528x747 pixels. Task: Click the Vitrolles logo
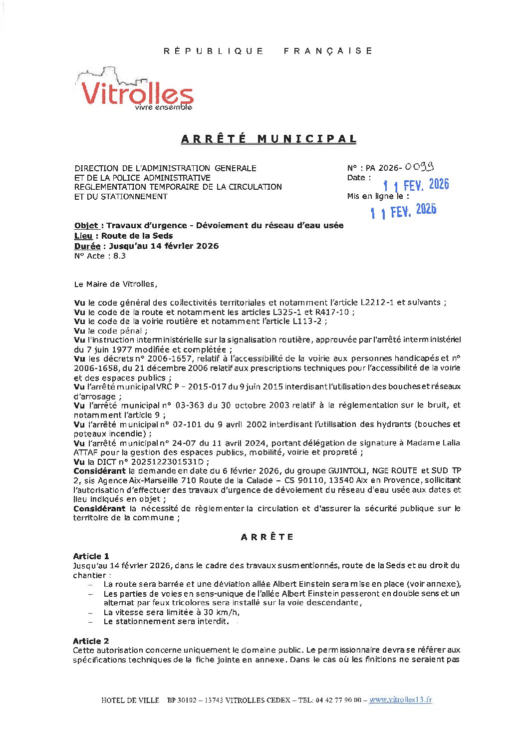135,90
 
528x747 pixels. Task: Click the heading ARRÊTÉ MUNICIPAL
268,139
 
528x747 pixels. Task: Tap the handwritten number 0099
419,166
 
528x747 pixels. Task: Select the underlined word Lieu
83,236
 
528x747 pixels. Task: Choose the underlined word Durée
87,246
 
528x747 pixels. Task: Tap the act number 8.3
120,256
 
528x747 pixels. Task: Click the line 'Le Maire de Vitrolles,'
115,284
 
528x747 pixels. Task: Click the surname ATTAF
86,452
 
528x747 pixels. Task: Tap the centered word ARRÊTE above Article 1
267,537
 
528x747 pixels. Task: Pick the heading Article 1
91,556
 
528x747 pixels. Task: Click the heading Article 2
91,641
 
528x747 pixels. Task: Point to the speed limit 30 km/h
219,612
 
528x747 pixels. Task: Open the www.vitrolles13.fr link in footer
400,700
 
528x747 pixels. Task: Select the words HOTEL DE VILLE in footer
130,700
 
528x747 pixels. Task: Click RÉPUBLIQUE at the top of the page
214,51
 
